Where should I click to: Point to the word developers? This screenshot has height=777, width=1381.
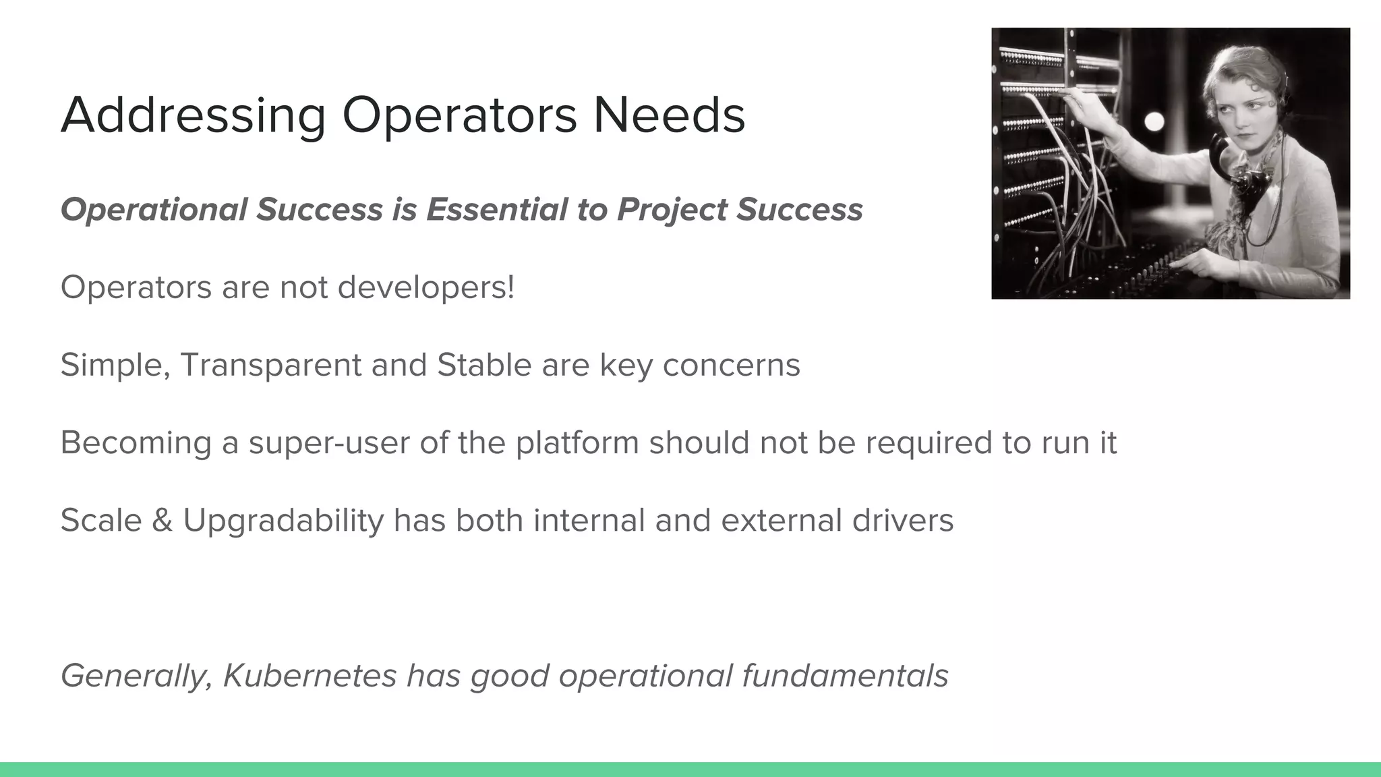[425, 288]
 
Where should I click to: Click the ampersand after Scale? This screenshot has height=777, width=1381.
[162, 521]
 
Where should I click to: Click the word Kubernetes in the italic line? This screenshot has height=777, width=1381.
[310, 676]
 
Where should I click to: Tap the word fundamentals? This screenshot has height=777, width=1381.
[845, 676]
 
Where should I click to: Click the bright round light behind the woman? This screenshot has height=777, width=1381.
[1154, 121]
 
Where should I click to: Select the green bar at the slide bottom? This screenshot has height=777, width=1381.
[690, 769]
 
